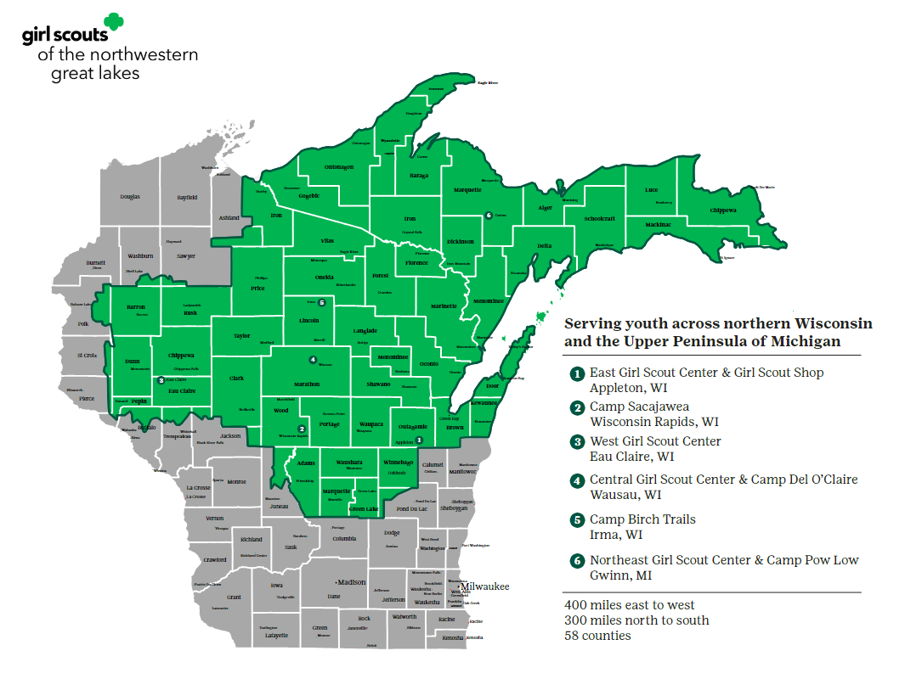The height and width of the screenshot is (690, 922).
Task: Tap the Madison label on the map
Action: click(x=351, y=582)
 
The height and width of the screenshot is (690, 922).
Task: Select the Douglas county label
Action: click(x=130, y=197)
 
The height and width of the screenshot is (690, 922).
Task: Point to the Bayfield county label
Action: click(x=187, y=197)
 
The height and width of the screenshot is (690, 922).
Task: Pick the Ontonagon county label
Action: click(x=339, y=167)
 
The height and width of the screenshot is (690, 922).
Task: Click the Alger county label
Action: click(x=546, y=208)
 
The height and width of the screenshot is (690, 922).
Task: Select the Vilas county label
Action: click(x=327, y=241)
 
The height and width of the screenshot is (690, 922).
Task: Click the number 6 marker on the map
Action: click(x=488, y=216)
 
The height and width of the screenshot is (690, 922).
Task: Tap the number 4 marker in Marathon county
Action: click(x=313, y=360)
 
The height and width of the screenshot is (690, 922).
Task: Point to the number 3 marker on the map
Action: click(x=161, y=380)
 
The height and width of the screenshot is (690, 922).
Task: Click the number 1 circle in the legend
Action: click(x=577, y=373)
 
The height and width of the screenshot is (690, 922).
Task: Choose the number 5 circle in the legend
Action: click(x=577, y=519)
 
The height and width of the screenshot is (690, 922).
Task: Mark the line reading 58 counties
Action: click(x=597, y=635)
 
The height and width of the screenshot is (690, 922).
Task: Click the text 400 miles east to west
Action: click(x=629, y=605)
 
